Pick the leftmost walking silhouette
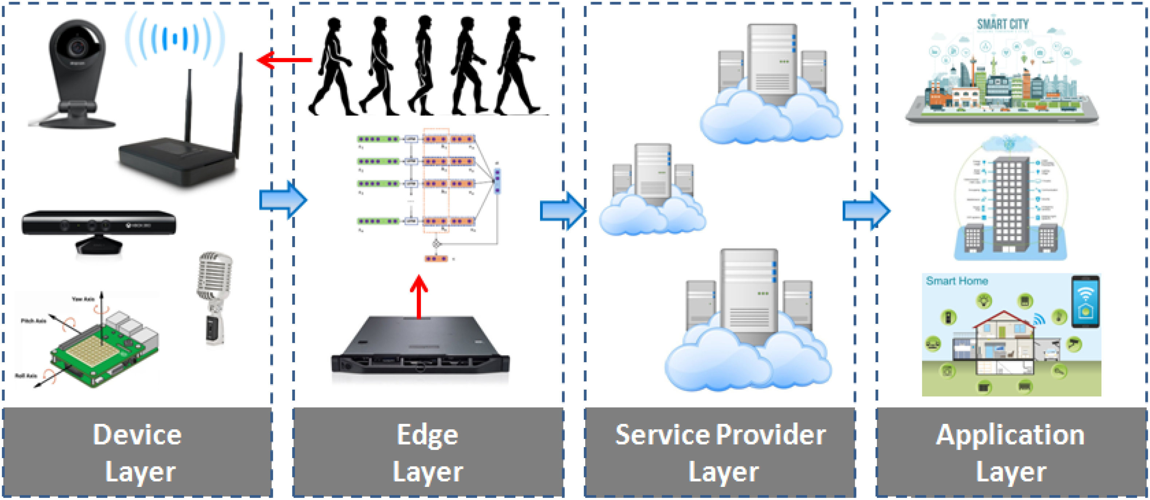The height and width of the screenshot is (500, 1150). point(332,67)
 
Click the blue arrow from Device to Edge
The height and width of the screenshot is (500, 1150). point(283,199)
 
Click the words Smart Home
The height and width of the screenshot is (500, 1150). point(956,281)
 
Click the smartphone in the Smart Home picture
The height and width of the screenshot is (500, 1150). point(1085,302)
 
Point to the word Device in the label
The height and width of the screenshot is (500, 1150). point(137,435)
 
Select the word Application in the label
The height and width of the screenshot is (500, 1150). point(1010,435)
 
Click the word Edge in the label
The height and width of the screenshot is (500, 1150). point(427,435)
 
